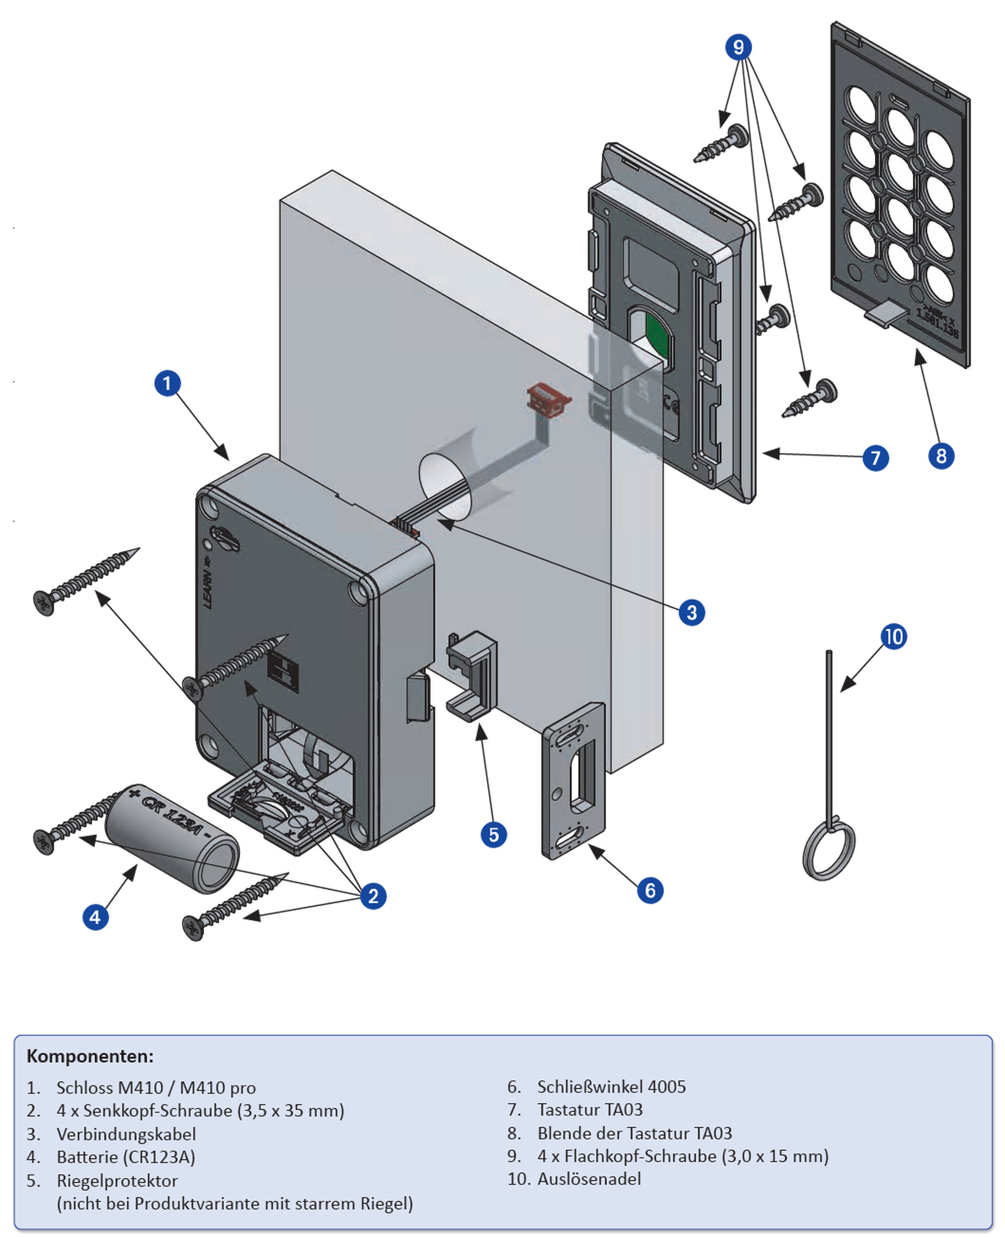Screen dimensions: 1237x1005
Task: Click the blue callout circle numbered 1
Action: [x=167, y=383]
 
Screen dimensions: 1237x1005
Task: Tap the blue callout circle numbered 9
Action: [x=738, y=47]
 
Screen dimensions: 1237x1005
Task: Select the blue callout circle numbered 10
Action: [x=893, y=636]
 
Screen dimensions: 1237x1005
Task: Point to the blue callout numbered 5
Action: [x=493, y=834]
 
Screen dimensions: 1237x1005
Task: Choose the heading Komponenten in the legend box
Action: [x=90, y=1056]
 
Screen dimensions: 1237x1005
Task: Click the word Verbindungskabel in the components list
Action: [x=126, y=1134]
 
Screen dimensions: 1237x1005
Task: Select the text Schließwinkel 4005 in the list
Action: [x=611, y=1086]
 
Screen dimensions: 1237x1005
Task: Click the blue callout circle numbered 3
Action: [x=692, y=612]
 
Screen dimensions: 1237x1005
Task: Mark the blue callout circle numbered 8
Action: [x=941, y=456]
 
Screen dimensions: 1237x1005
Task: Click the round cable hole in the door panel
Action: [x=444, y=486]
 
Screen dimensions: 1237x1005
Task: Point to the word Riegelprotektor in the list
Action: [x=117, y=1180]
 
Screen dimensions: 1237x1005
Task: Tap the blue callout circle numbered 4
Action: [x=96, y=917]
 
